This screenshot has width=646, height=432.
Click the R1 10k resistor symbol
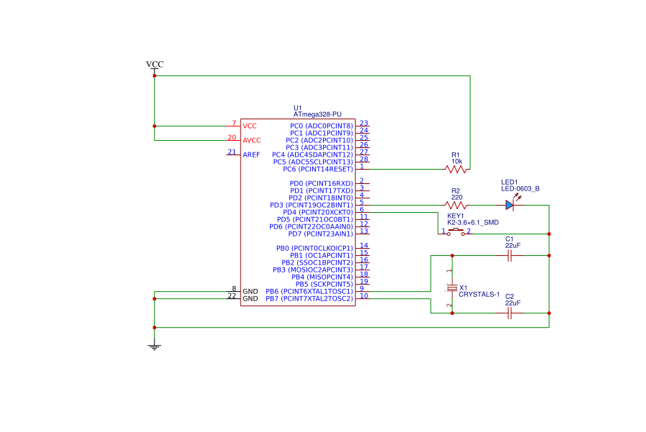pyautogui.click(x=456, y=170)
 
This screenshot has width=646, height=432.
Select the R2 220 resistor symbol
pyautogui.click(x=456, y=206)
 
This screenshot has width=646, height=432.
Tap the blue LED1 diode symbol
pyautogui.click(x=510, y=206)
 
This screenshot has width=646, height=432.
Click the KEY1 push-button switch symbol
pyautogui.click(x=456, y=231)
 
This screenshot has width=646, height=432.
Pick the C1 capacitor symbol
pyautogui.click(x=510, y=255)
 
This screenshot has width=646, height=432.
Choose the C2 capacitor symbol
pyautogui.click(x=510, y=313)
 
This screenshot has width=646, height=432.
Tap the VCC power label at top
pyautogui.click(x=154, y=65)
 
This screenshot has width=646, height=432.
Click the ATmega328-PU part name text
pyautogui.click(x=317, y=114)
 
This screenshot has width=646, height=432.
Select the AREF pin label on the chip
pyautogui.click(x=251, y=155)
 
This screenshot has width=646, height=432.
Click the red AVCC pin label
pyautogui.click(x=252, y=140)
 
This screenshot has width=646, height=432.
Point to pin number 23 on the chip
pyautogui.click(x=364, y=124)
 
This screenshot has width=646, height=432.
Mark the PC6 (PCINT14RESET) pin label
pyautogui.click(x=317, y=169)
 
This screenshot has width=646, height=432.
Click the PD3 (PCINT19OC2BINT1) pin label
pyautogui.click(x=311, y=205)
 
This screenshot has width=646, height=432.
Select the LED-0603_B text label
pyautogui.click(x=520, y=189)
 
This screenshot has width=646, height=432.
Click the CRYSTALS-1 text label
pyautogui.click(x=479, y=294)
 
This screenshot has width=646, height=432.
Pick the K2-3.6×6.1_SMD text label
pyautogui.click(x=473, y=223)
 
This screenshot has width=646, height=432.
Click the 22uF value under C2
pyautogui.click(x=512, y=303)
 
